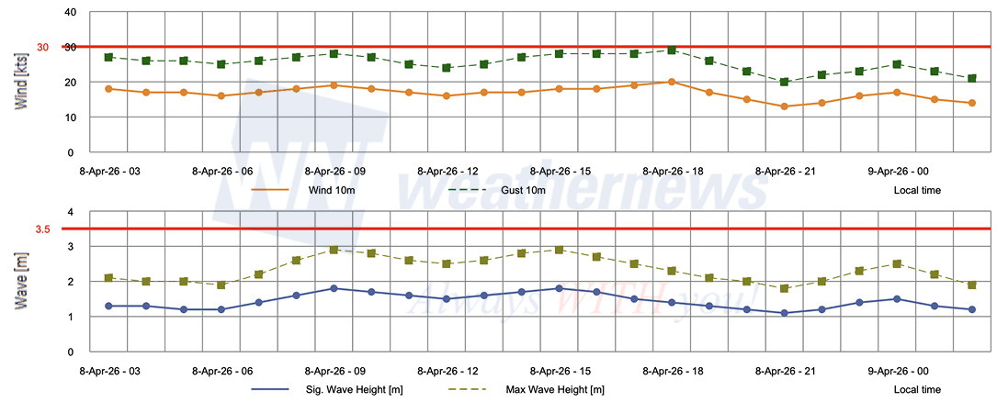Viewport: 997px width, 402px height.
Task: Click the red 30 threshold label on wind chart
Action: point(42,48)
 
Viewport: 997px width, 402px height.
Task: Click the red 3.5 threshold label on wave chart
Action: point(42,229)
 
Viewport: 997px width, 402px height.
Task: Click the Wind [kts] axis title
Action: point(20,83)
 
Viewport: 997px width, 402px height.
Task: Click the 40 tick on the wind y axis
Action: point(70,13)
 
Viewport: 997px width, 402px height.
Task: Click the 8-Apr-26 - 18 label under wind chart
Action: point(674,171)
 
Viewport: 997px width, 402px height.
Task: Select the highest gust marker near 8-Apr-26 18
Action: point(672,50)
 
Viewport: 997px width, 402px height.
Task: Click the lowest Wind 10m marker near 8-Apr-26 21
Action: point(784,106)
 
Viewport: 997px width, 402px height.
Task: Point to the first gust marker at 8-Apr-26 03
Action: point(108,57)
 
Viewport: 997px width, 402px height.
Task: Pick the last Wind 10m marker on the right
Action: point(971,103)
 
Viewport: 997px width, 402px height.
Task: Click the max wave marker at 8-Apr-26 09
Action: point(334,250)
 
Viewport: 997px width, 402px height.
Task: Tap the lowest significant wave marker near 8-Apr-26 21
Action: point(784,313)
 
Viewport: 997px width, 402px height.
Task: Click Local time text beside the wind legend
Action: point(916,190)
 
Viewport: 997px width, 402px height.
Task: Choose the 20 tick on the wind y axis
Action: point(70,83)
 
